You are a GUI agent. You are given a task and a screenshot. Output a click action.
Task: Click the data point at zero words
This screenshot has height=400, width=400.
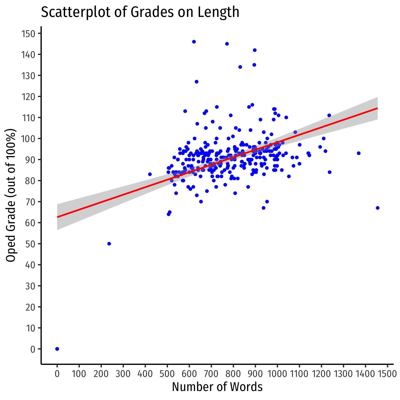(57, 349)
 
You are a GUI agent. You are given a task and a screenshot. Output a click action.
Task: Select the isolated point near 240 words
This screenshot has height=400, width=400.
(109, 244)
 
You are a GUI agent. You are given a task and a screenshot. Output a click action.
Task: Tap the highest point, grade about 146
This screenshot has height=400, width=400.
(194, 42)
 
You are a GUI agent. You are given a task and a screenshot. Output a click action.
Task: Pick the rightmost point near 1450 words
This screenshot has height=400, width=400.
(378, 208)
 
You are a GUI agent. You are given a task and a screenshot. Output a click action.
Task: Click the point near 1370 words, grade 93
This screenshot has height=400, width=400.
(359, 153)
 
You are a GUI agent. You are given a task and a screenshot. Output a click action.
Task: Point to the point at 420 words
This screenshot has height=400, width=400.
(150, 174)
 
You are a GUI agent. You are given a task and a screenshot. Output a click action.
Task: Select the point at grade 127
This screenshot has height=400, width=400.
(197, 82)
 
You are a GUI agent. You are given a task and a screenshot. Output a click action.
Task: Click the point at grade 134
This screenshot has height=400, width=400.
(240, 67)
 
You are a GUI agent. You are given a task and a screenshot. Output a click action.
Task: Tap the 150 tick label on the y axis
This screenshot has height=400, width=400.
(29, 34)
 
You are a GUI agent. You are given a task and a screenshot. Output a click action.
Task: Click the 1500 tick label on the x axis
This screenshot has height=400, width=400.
(387, 374)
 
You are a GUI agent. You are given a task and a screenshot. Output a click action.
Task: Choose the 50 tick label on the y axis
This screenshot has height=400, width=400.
(31, 244)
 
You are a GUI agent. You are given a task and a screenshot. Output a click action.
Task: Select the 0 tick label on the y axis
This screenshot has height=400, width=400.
(33, 349)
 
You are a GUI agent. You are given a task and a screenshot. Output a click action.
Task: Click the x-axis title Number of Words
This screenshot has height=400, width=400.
(217, 387)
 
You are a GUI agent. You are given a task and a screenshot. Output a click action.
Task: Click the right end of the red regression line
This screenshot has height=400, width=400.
(377, 108)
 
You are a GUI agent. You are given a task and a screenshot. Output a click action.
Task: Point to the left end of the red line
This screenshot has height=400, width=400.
(57, 217)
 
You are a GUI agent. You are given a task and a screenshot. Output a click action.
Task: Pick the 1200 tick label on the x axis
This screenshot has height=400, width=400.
(321, 374)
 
